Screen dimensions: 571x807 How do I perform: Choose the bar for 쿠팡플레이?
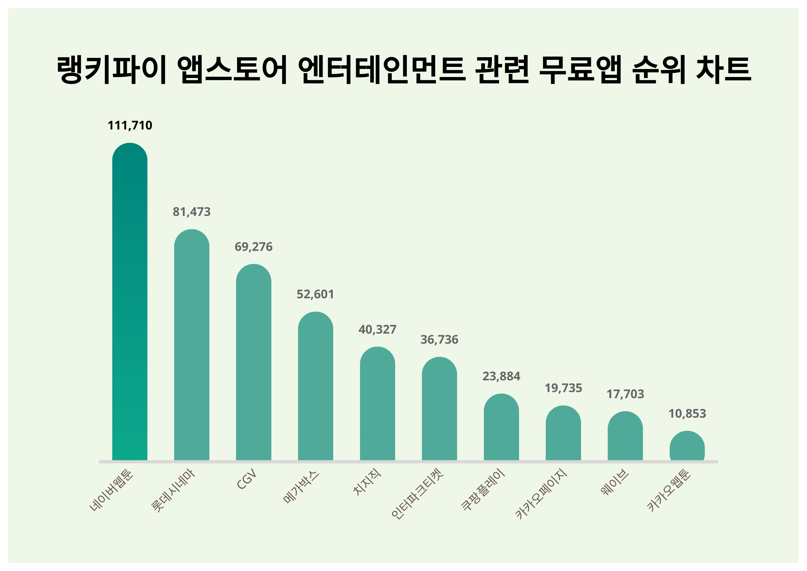point(501,427)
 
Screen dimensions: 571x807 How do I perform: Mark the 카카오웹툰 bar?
point(687,446)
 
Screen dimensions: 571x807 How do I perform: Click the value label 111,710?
point(130,125)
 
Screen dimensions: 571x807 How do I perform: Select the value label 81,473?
point(192,212)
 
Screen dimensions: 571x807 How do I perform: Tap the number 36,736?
point(439,340)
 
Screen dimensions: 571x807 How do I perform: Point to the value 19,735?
point(563,388)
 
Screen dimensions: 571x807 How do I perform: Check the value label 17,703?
point(625,394)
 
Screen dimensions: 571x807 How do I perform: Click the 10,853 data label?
point(687,414)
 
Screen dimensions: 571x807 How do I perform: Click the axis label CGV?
point(247,479)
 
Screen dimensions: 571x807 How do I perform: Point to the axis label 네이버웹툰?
point(111,490)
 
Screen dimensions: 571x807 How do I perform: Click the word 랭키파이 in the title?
point(111,69)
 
